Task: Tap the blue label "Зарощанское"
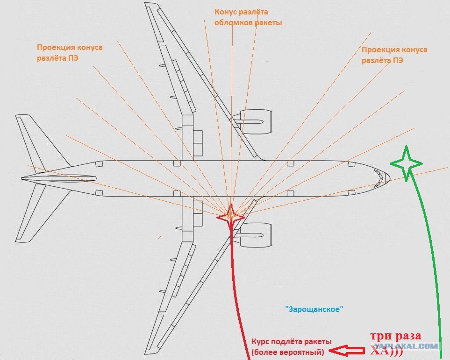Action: [x=314, y=309]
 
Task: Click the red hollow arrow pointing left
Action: [x=347, y=350]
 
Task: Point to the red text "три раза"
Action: [x=395, y=336]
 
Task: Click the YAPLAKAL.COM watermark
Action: [x=406, y=346]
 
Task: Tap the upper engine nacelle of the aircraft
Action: [x=252, y=121]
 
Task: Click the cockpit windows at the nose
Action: [x=378, y=178]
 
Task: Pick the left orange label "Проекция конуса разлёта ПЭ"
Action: [x=70, y=52]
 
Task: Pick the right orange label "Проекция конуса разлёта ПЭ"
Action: [x=394, y=55]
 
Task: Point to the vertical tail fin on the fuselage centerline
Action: [x=59, y=178]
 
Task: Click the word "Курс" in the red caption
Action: [x=260, y=342]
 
